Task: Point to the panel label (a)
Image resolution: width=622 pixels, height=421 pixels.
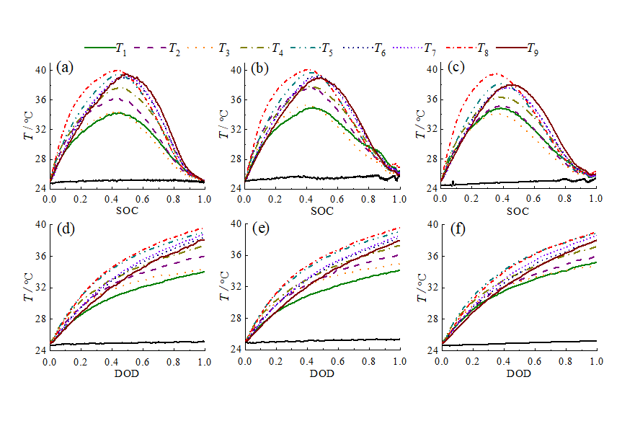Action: pyautogui.click(x=63, y=68)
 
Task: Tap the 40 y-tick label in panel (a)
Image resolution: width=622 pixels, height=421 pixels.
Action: pyautogui.click(x=40, y=71)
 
